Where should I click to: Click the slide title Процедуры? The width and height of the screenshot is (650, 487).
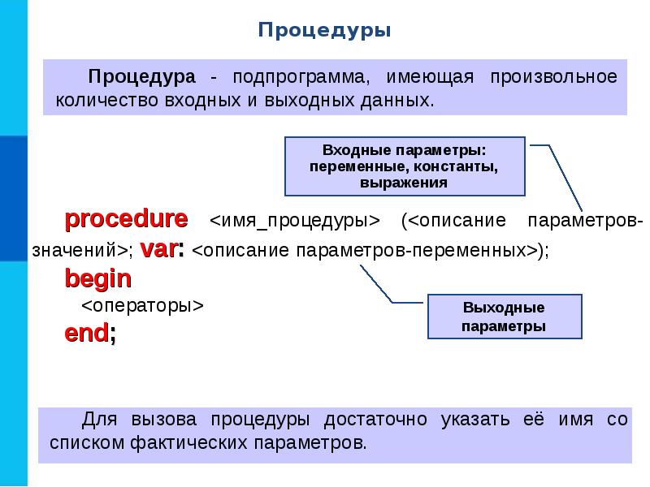point(325,31)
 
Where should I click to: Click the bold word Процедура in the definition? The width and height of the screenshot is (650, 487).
point(142,78)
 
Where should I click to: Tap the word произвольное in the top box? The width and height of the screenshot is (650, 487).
point(553,78)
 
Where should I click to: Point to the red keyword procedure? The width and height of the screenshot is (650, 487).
point(126,219)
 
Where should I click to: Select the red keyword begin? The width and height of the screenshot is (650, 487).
point(97,279)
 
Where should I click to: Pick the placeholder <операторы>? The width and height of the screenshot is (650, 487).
point(141,306)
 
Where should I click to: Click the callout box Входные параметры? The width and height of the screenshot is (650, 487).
point(404,166)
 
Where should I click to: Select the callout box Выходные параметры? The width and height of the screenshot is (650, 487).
point(504,317)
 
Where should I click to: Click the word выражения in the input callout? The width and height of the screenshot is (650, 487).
point(404,183)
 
